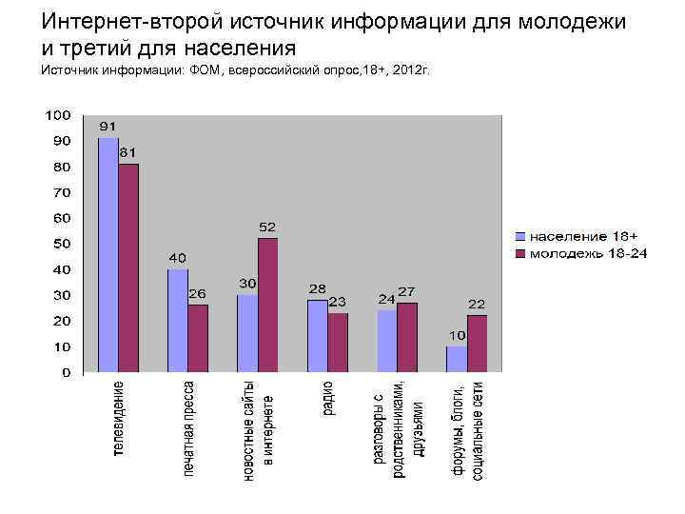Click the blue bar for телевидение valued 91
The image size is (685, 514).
pos(108,255)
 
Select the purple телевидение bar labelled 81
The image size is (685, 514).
pos(128,267)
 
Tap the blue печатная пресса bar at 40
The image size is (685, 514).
pos(178,320)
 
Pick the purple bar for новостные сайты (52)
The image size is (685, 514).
pos(268,305)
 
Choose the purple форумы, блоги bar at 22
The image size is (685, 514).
pos(478,343)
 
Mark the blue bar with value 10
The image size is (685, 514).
pos(457,359)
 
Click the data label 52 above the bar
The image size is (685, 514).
pos(267,227)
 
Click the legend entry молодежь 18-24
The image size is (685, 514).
pos(582,253)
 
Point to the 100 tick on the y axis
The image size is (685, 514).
pos(58,115)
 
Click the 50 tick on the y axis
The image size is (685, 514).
pos(61,244)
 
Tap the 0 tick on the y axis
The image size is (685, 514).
pos(65,373)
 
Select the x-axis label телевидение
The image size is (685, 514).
pos(118,419)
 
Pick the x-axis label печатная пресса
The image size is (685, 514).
pos(188,428)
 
